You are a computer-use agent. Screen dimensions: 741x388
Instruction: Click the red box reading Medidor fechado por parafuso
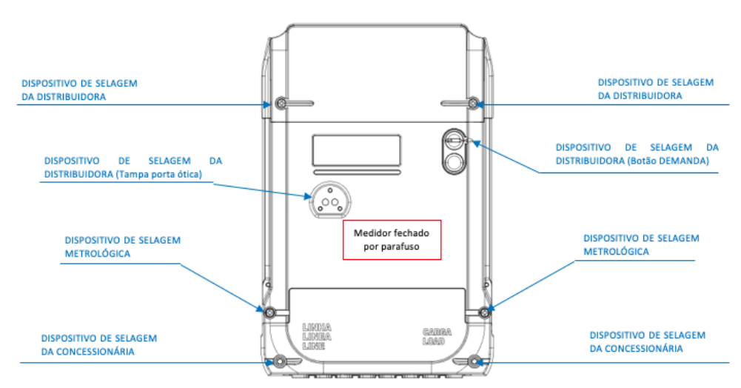[x=392, y=240]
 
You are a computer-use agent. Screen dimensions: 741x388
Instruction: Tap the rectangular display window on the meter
[x=356, y=150]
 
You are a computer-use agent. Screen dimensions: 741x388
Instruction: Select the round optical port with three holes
[x=330, y=201]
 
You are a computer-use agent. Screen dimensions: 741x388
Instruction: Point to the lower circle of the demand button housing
[x=454, y=163]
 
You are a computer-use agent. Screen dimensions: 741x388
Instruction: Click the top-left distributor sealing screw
[x=281, y=103]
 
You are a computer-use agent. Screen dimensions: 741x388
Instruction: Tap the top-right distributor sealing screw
[x=473, y=103]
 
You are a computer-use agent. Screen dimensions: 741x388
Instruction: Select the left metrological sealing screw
[x=270, y=312]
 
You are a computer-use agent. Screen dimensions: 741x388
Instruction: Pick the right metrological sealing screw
[x=484, y=312]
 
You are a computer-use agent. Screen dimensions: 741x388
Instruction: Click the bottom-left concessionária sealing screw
[x=280, y=361]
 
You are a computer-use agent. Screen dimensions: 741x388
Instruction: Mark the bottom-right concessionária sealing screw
[x=475, y=361]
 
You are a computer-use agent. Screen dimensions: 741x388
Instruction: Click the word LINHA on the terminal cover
[x=317, y=327]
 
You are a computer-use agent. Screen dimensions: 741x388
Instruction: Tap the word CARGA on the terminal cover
[x=437, y=332]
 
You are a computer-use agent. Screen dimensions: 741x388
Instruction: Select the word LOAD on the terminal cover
[x=434, y=341]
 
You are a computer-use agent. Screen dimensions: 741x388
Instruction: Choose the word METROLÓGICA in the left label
[x=98, y=254]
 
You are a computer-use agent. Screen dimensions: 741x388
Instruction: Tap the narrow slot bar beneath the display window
[x=357, y=173]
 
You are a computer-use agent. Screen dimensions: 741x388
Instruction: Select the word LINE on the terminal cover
[x=314, y=346]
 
